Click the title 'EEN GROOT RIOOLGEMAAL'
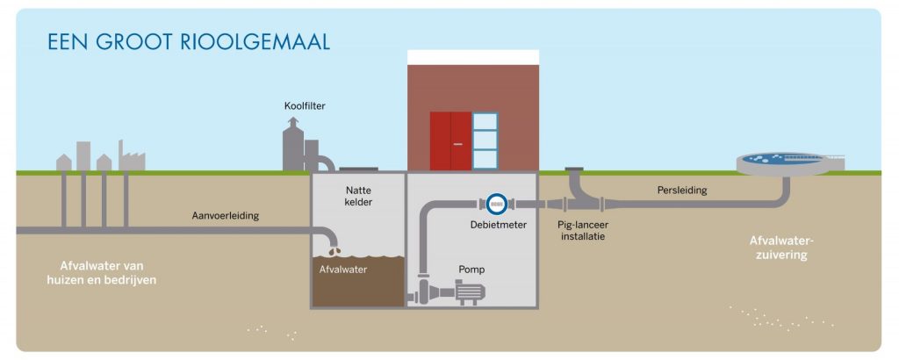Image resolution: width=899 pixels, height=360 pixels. pos(189,42)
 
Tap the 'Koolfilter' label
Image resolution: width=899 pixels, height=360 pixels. pos(306,106)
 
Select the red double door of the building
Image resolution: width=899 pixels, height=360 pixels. pos(451,140)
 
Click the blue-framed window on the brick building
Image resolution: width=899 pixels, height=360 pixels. pos(485,140)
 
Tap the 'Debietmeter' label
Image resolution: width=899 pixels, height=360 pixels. pos(499,225)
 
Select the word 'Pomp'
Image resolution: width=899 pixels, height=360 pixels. pos(471,269)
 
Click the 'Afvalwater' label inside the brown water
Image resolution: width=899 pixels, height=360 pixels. pos(343,270)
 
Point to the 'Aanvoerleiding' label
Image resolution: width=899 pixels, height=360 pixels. pos(226,215)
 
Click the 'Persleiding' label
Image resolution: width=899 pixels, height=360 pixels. pos(682,190)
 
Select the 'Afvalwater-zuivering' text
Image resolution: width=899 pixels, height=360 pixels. pos(778,248)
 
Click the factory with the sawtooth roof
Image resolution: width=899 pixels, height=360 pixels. pos(132,159)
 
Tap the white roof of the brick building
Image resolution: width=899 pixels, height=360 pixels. pos(472,55)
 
